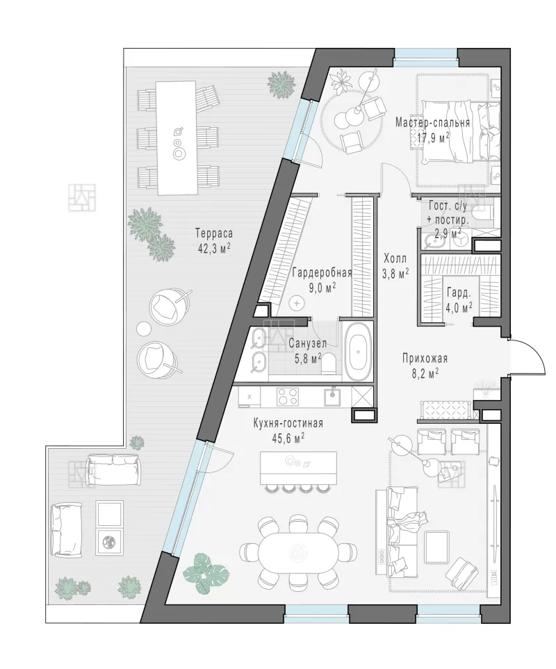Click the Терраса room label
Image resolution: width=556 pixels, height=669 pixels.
pyautogui.click(x=214, y=233)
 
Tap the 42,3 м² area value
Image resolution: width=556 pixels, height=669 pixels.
pyautogui.click(x=214, y=248)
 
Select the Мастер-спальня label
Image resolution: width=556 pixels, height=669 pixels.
pyautogui.click(x=433, y=123)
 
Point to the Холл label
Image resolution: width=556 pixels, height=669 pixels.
pyautogui.click(x=395, y=258)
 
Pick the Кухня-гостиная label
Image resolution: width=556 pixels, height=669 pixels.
pyautogui.click(x=288, y=423)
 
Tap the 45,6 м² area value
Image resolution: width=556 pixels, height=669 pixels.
pyautogui.click(x=288, y=438)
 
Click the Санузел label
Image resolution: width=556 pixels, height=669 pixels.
pyautogui.click(x=307, y=343)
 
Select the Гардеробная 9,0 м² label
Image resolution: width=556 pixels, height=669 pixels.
pyautogui.click(x=322, y=280)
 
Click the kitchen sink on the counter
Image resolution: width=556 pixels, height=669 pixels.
pyautogui.click(x=333, y=396)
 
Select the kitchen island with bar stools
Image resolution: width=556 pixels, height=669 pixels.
pyautogui.click(x=298, y=472)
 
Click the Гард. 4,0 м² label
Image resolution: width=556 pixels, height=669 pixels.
pyautogui.click(x=459, y=300)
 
